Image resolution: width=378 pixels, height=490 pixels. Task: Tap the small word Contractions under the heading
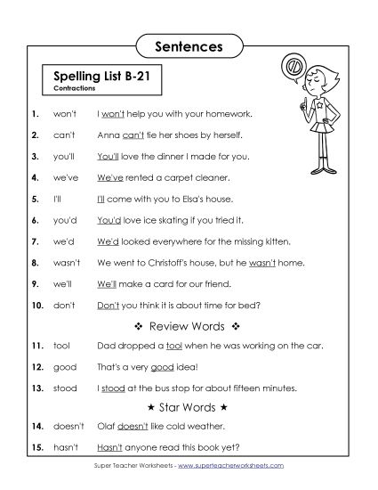tap(72, 91)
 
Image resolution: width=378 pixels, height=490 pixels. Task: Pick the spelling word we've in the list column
tap(68, 177)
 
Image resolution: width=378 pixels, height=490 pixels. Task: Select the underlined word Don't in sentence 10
tap(108, 304)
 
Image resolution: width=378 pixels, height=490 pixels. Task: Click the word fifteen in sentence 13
tap(243, 388)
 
